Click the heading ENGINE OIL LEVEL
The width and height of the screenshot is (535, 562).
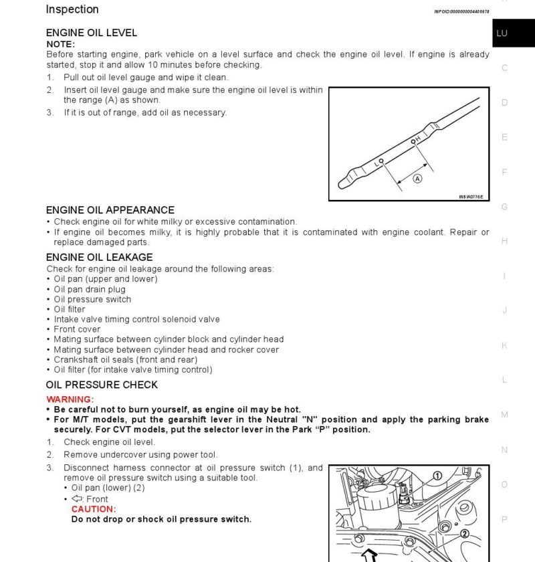pyautogui.click(x=92, y=33)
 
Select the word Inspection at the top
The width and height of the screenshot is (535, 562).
pyautogui.click(x=72, y=9)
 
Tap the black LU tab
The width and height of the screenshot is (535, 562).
pyautogui.click(x=502, y=33)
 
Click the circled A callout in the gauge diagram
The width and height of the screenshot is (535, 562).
pyautogui.click(x=417, y=179)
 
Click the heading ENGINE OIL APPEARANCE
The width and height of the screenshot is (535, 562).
pyautogui.click(x=110, y=210)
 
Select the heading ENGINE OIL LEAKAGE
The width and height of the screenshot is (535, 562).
pyautogui.click(x=100, y=257)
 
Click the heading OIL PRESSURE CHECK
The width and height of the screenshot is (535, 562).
pyautogui.click(x=102, y=385)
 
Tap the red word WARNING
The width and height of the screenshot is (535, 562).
pyautogui.click(x=70, y=399)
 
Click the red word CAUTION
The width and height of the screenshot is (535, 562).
pyautogui.click(x=94, y=509)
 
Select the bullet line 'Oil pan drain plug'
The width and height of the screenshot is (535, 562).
pyautogui.click(x=90, y=290)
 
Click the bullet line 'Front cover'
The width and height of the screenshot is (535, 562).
pyautogui.click(x=77, y=329)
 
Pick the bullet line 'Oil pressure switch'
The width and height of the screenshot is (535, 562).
pyautogui.click(x=92, y=300)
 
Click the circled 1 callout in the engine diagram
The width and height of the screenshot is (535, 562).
pyautogui.click(x=437, y=476)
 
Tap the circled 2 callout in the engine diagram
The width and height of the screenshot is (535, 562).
pyautogui.click(x=465, y=534)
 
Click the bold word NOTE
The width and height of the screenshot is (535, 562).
pyautogui.click(x=60, y=44)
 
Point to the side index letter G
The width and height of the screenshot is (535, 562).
pyautogui.click(x=504, y=207)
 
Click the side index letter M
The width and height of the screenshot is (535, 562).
pyautogui.click(x=504, y=415)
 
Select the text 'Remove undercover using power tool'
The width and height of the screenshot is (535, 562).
pyautogui.click(x=140, y=455)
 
